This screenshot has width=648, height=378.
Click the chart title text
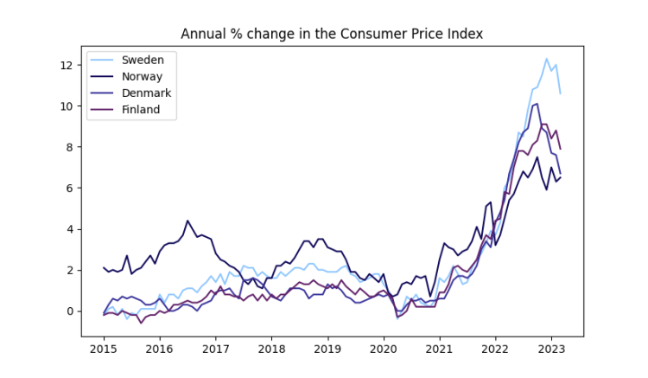click(332, 34)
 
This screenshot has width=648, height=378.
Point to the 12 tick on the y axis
click(67, 65)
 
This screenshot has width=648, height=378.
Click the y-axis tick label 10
click(67, 106)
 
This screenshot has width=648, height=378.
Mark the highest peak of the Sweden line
click(546, 59)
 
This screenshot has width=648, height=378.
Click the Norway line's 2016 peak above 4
click(187, 221)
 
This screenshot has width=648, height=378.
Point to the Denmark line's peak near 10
click(537, 104)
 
